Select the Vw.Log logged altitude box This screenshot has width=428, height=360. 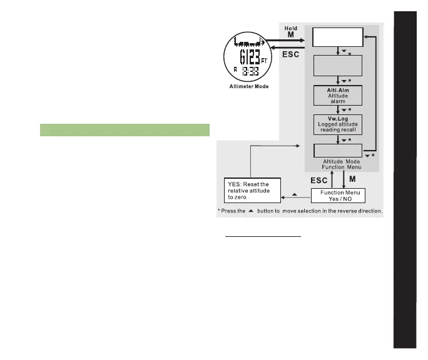click(x=338, y=124)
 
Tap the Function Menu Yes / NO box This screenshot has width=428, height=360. click(x=338, y=196)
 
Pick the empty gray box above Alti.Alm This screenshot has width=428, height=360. click(x=338, y=67)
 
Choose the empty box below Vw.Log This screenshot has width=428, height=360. click(x=338, y=151)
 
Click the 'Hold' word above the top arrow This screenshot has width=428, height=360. click(x=290, y=29)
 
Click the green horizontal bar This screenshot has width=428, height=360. click(x=124, y=129)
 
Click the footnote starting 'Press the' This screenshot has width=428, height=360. click(x=299, y=211)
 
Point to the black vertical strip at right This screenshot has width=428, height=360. click(x=405, y=187)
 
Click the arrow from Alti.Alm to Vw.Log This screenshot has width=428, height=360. click(x=338, y=110)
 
